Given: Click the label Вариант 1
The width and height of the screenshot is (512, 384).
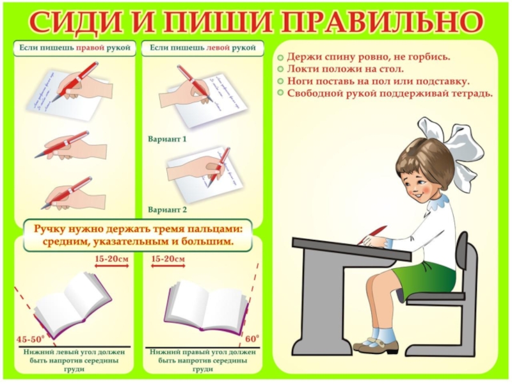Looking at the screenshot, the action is pos(167,139).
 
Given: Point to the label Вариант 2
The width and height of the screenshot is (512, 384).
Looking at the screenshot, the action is pos(167,210).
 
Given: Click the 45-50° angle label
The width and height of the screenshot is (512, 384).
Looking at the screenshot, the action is pos(30,339).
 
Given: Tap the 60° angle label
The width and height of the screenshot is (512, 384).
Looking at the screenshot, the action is pos(252,339).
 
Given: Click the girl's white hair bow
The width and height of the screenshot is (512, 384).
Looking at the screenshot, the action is pos(454,147).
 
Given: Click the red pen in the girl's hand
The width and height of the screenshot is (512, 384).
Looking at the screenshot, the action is pos(372,235).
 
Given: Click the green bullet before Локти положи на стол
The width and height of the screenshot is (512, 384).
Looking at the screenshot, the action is pos(280,70).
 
